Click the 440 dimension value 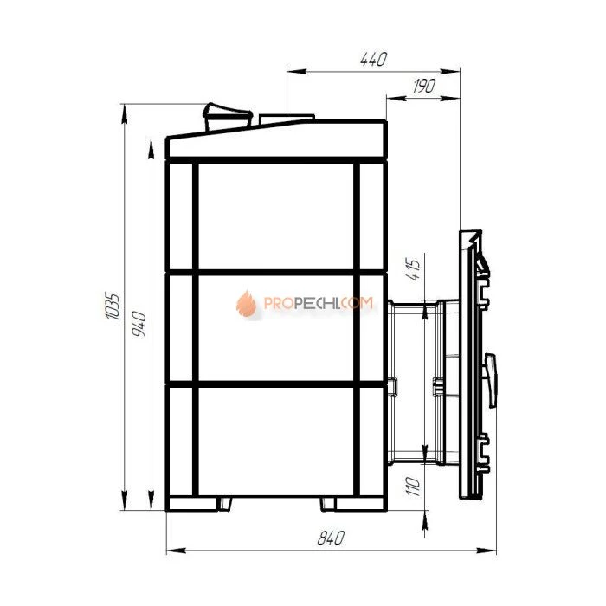(373, 59)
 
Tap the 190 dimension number (424, 87)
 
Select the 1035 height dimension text (113, 306)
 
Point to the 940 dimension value (139, 324)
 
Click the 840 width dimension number (331, 538)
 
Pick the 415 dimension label (413, 269)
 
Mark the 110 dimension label (413, 487)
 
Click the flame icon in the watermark (246, 304)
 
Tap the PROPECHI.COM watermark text (319, 303)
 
